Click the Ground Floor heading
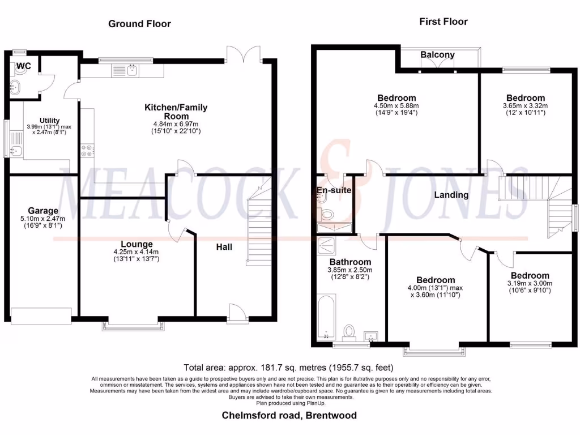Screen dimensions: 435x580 pyautogui.click(x=139, y=24)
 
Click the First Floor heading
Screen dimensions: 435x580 pyautogui.click(x=443, y=22)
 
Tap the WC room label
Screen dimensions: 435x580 pyautogui.click(x=24, y=66)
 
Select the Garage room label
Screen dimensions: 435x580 pyautogui.click(x=43, y=211)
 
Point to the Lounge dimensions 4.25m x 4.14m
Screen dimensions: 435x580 pyautogui.click(x=137, y=253)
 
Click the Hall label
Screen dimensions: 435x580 pyautogui.click(x=224, y=247)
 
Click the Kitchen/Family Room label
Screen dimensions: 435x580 pyautogui.click(x=176, y=112)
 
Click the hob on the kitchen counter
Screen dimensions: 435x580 pyautogui.click(x=88, y=151)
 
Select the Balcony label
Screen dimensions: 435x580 pyautogui.click(x=437, y=55)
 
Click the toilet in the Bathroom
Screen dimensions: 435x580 pyautogui.click(x=349, y=331)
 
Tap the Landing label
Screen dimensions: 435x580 pyautogui.click(x=451, y=195)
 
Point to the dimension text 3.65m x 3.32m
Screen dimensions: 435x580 pyautogui.click(x=525, y=105)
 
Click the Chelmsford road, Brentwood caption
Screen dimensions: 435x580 pyautogui.click(x=289, y=416)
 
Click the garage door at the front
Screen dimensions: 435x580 pyautogui.click(x=41, y=315)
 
